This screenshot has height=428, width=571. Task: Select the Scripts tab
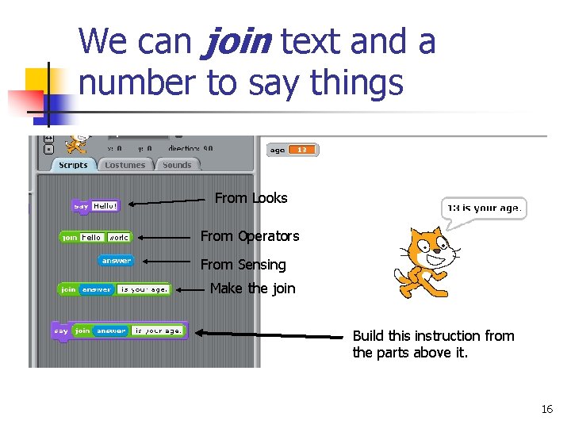(x=73, y=165)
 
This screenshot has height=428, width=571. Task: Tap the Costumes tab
(x=125, y=165)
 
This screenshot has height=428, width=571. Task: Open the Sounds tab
(x=177, y=165)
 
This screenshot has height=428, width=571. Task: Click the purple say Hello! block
(x=96, y=206)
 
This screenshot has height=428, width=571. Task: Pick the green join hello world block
(x=95, y=237)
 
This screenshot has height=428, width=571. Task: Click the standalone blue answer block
(x=116, y=260)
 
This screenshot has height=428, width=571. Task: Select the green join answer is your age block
(x=113, y=289)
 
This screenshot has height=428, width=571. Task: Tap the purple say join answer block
(x=119, y=330)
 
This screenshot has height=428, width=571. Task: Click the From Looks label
(x=251, y=198)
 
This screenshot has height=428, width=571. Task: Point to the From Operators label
(x=250, y=236)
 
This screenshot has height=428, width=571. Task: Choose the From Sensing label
(x=243, y=265)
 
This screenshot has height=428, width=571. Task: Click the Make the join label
(x=252, y=289)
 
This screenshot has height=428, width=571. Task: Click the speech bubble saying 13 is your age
(x=484, y=208)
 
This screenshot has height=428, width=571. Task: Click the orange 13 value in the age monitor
(x=302, y=150)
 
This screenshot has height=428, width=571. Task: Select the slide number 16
(x=546, y=409)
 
